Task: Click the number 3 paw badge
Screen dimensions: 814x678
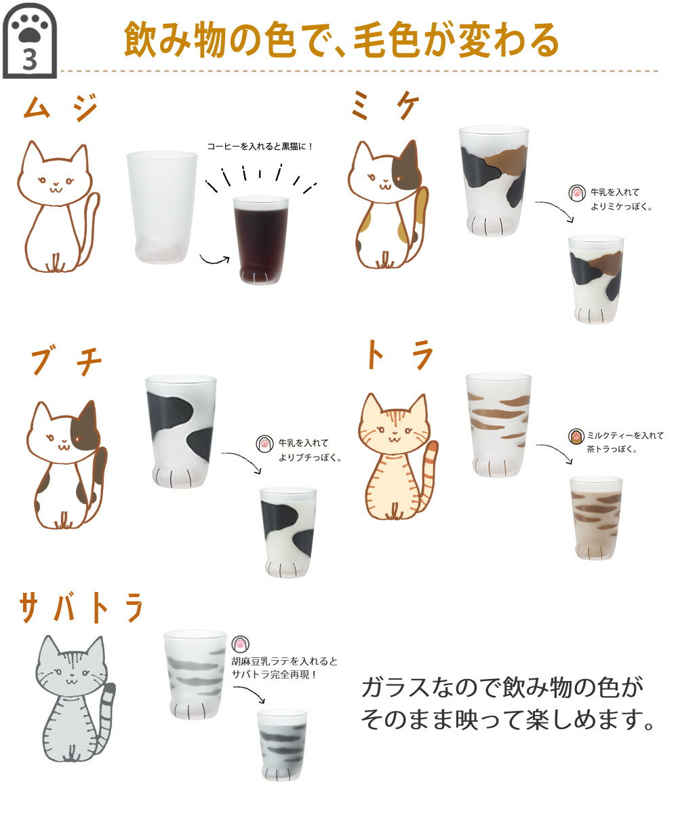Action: click(29, 42)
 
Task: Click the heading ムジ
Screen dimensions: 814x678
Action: click(60, 108)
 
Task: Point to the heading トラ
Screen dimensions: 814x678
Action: click(399, 355)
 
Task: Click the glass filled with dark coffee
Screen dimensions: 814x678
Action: click(260, 240)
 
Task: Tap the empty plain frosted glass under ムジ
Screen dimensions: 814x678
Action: click(161, 207)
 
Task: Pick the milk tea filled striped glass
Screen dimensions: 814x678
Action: click(596, 517)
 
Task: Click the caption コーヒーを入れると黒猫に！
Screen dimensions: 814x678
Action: click(260, 145)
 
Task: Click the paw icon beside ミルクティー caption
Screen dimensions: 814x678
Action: click(576, 435)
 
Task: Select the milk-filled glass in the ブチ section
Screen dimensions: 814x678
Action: click(288, 532)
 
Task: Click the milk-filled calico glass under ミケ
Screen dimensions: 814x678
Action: click(596, 278)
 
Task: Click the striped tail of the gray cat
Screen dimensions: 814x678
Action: click(106, 712)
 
